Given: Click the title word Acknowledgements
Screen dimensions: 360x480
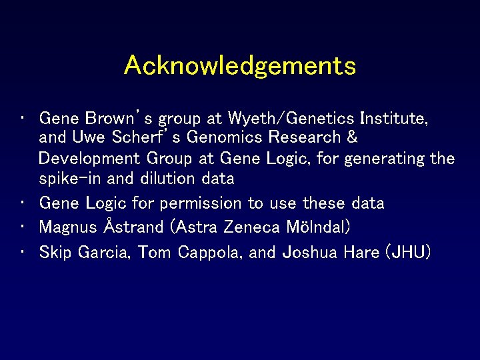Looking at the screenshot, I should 239,66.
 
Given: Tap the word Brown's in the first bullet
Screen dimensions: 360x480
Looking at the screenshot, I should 111,119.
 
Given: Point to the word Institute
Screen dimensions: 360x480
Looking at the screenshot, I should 393,119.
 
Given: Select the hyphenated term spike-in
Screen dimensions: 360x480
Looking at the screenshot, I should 67,179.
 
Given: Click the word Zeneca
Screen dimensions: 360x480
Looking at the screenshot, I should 251,227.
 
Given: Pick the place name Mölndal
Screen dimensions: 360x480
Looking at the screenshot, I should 317,227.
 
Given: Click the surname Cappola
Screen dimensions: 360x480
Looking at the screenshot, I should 207,252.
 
